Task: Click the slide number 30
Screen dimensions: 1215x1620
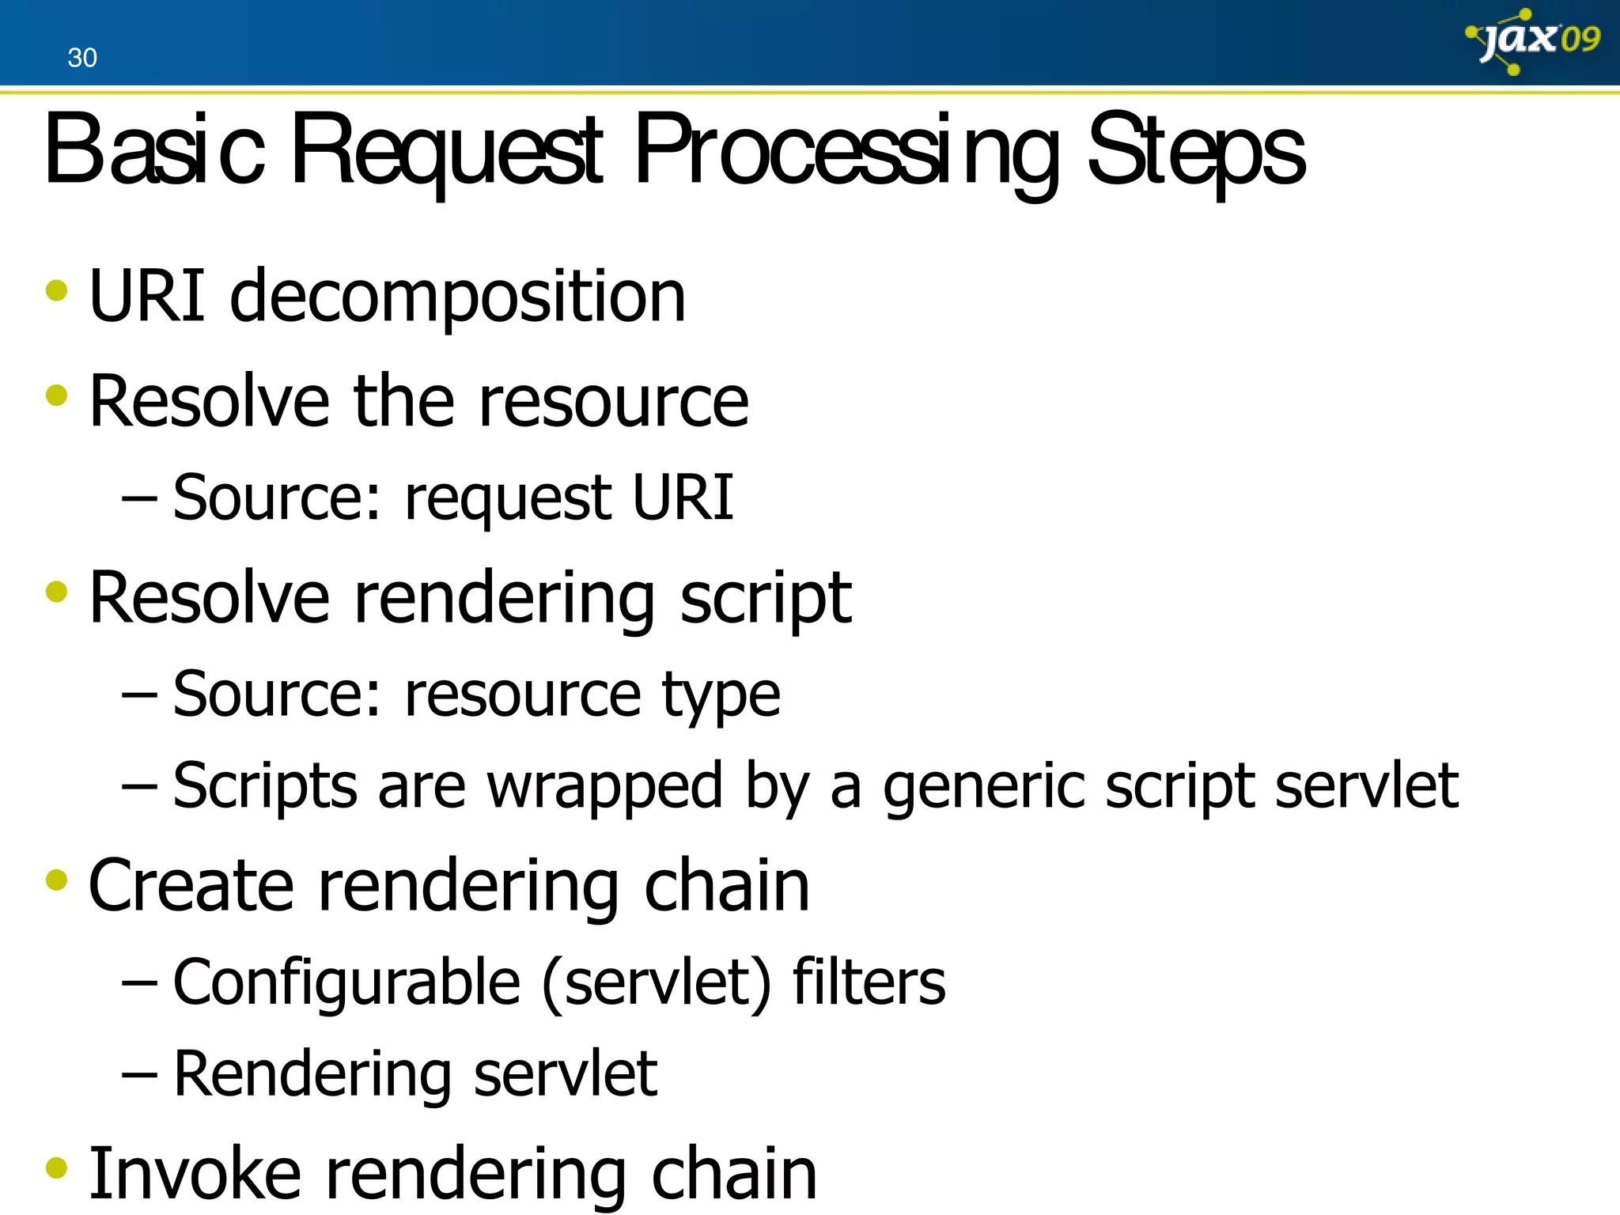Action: click(x=82, y=58)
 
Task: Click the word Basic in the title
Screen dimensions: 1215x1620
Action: click(x=154, y=150)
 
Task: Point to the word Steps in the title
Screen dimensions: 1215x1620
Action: click(x=1196, y=152)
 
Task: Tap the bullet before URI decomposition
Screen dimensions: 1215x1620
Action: click(x=57, y=290)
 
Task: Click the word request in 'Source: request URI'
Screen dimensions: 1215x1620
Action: click(x=507, y=499)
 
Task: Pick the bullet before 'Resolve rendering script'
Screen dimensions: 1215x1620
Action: click(x=57, y=592)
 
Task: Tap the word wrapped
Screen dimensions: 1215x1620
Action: click(x=604, y=788)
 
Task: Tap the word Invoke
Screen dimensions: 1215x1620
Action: click(x=195, y=1174)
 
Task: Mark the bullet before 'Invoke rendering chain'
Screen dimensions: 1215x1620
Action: click(x=57, y=1168)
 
